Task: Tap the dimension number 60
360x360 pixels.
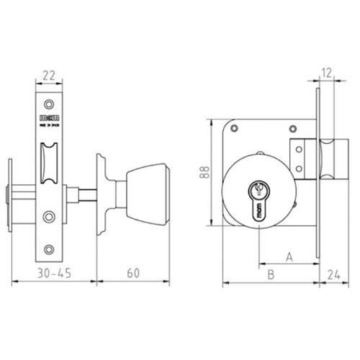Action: [x=132, y=273]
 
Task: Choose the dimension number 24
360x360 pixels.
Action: [x=333, y=274]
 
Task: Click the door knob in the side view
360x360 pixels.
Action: [x=148, y=194]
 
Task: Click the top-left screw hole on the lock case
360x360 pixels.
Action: [x=234, y=130]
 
